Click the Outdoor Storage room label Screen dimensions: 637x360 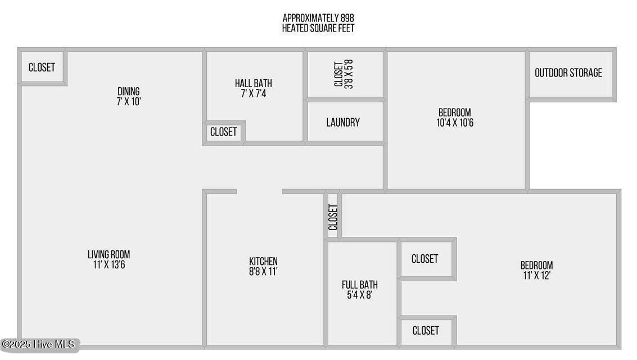568,73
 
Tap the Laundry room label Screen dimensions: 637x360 343,122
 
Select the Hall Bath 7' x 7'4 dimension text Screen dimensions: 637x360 254,93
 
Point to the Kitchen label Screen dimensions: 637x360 263,261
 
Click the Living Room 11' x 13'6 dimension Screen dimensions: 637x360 109,265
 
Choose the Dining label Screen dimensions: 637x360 128,92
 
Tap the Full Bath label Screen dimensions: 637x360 359,285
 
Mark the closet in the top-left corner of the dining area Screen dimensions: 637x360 42,67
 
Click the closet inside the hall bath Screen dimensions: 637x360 223,132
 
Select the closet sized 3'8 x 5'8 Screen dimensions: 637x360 344,74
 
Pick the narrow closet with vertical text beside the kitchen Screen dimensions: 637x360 333,216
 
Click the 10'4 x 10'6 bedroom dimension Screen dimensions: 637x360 455,123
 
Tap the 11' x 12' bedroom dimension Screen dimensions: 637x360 537,276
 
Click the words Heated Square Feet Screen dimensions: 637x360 318,28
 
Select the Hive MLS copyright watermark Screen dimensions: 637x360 39,345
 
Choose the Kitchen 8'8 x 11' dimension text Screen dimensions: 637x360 263,272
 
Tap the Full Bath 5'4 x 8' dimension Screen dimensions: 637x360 359,295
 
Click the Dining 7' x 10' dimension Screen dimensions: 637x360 128,102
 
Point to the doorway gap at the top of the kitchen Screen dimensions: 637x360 259,191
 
